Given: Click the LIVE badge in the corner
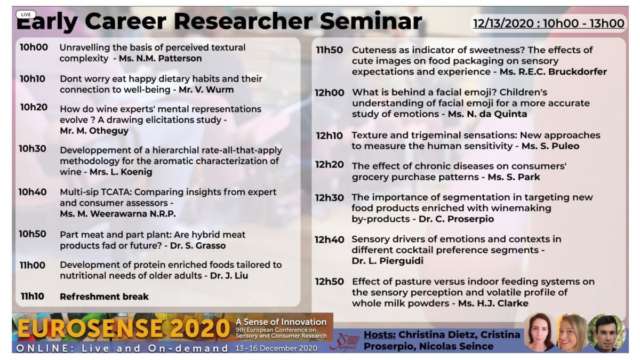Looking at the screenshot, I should click(x=26, y=14).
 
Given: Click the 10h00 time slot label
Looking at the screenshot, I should click(x=34, y=47).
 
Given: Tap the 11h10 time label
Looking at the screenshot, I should click(x=33, y=297).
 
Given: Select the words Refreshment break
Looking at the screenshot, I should click(x=104, y=297).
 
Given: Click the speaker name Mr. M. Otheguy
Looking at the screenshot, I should click(x=94, y=131).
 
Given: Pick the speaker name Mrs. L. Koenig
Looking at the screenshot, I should click(x=130, y=172).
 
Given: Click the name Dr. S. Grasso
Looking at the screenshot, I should click(x=198, y=246).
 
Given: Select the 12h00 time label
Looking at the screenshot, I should click(x=330, y=93).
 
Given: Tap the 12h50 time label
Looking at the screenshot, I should click(x=329, y=282).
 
